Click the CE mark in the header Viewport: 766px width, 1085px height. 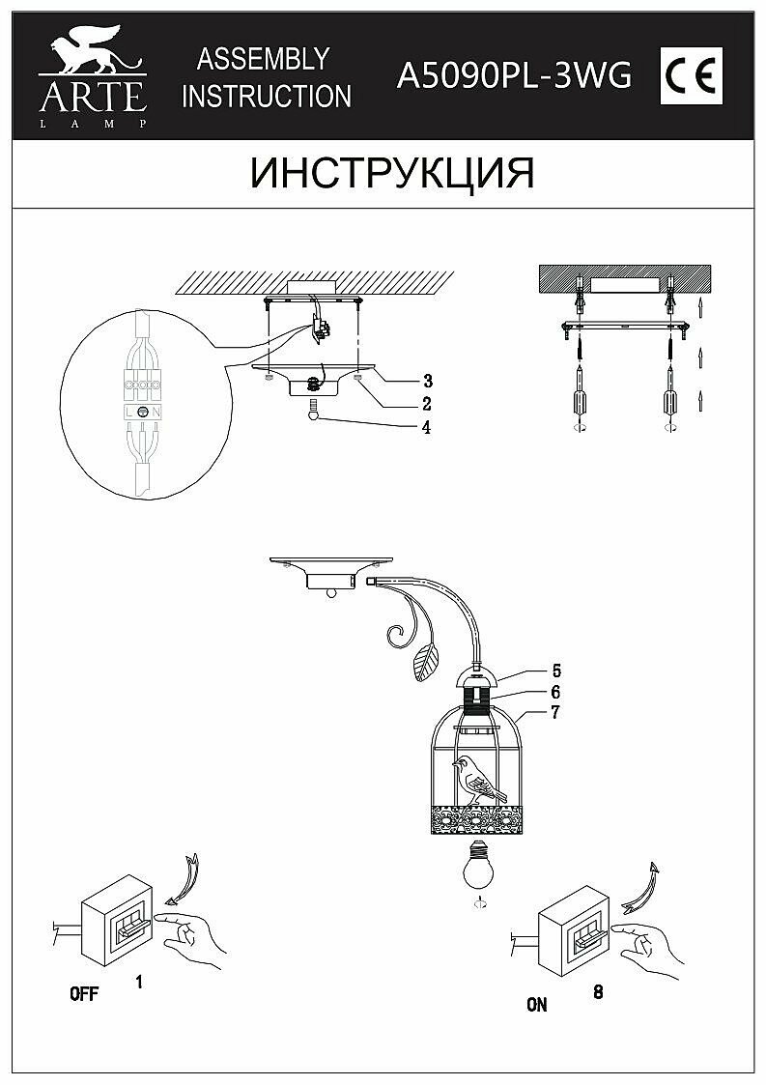pos(691,74)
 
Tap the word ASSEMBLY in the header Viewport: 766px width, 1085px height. pos(264,59)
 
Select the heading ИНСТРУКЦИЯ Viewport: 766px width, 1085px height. pos(391,173)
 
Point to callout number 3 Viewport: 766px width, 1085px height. pos(426,380)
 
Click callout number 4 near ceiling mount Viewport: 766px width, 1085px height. pos(426,427)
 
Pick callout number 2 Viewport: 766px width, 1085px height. pos(426,404)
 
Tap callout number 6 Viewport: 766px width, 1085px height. pos(556,692)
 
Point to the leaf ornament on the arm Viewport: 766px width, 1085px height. pos(424,662)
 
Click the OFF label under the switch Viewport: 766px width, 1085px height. pos(84,996)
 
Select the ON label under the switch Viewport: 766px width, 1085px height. pos(537,1005)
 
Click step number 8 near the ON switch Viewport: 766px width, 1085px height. pos(599,991)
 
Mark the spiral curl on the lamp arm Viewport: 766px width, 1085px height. pos(395,636)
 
